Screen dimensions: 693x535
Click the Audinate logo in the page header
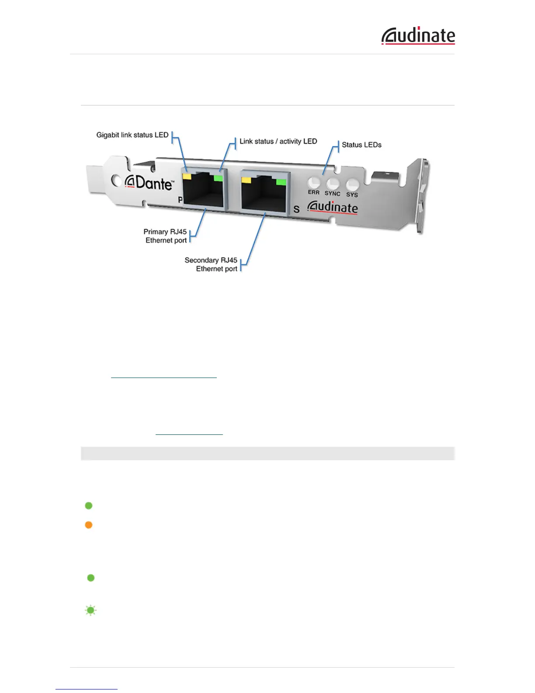(418, 36)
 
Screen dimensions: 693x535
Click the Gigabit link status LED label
(132, 135)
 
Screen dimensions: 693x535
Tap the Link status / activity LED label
(278, 141)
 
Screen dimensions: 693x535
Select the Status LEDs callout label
(361, 145)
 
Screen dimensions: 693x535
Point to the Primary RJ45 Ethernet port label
(166, 236)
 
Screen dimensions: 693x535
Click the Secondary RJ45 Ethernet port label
(211, 264)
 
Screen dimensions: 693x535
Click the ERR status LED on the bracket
(314, 182)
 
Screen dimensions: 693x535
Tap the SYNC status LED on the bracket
(333, 184)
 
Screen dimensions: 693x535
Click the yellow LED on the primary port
(187, 176)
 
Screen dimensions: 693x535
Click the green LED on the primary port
(218, 178)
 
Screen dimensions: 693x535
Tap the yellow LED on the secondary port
(246, 179)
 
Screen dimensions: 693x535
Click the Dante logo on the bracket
(149, 182)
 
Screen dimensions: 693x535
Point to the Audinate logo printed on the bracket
(333, 207)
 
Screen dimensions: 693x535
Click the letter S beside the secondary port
(297, 209)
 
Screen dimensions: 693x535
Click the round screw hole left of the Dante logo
(116, 180)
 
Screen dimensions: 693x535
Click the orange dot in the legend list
(89, 525)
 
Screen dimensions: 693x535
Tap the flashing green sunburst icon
(90, 610)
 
